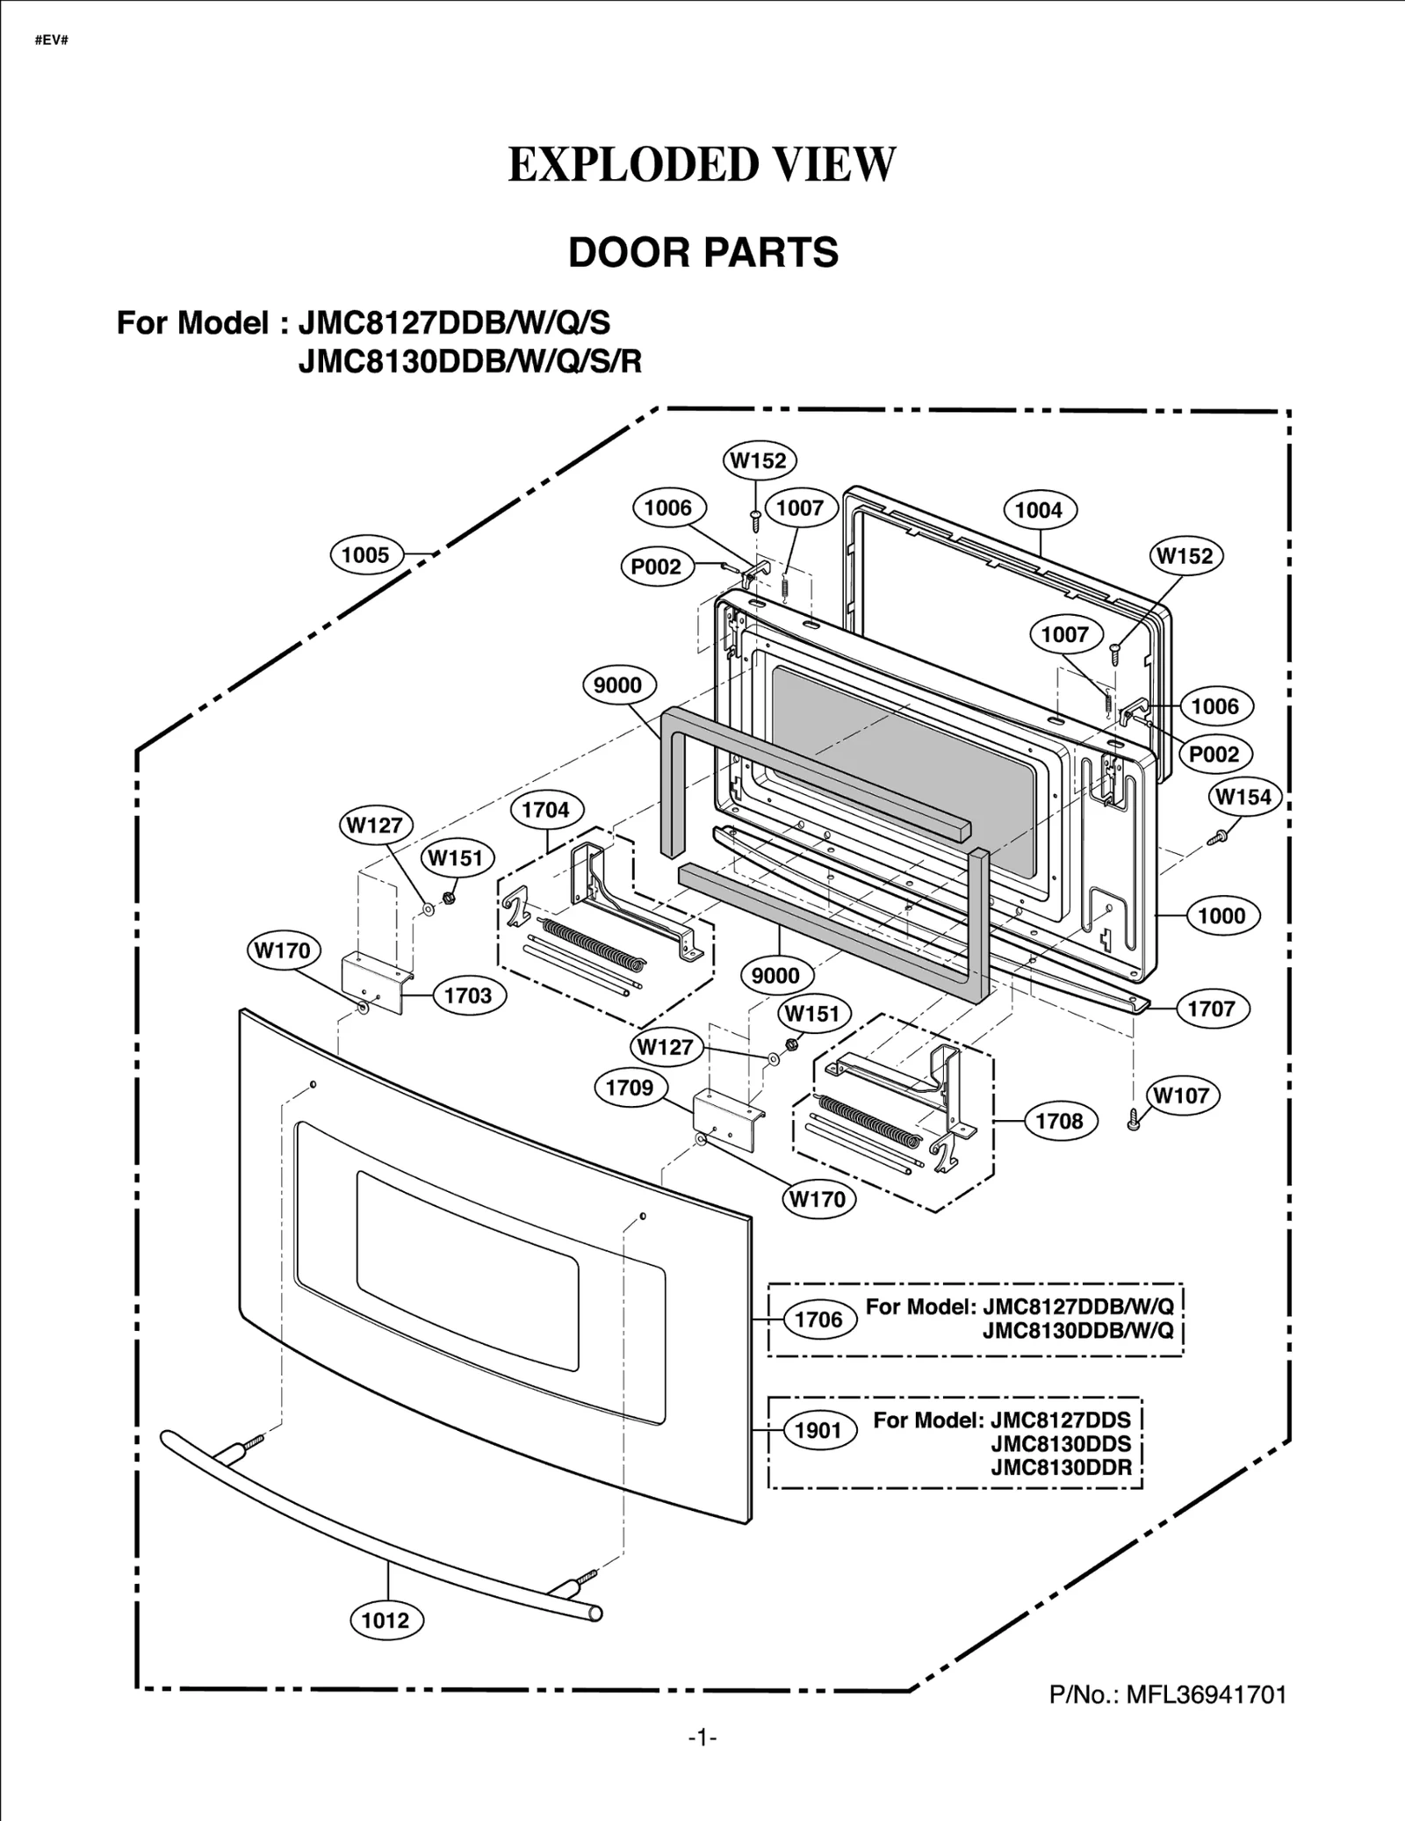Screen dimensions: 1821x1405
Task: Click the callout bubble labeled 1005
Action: [x=365, y=554]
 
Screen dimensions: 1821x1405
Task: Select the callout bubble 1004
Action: [x=1038, y=509]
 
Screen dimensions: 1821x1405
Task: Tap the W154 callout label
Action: [x=1244, y=797]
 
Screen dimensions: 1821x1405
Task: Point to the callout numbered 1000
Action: [x=1221, y=915]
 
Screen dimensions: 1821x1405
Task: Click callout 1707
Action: [x=1212, y=1008]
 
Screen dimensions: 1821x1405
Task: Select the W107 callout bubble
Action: [x=1181, y=1095]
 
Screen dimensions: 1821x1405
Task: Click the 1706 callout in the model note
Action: [x=818, y=1319]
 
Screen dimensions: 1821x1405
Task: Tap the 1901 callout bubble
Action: [x=818, y=1430]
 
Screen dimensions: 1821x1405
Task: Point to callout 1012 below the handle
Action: [x=385, y=1620]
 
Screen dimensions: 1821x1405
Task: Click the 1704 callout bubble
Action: [x=545, y=810]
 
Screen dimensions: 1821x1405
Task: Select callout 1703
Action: [x=468, y=995]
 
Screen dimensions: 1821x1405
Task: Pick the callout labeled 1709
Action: [x=630, y=1088]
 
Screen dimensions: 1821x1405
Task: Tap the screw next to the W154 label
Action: [x=1217, y=837]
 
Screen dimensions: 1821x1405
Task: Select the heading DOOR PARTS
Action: [x=703, y=252]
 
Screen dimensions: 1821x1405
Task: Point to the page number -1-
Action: [x=702, y=1737]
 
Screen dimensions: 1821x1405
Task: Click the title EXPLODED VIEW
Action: [x=702, y=164]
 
